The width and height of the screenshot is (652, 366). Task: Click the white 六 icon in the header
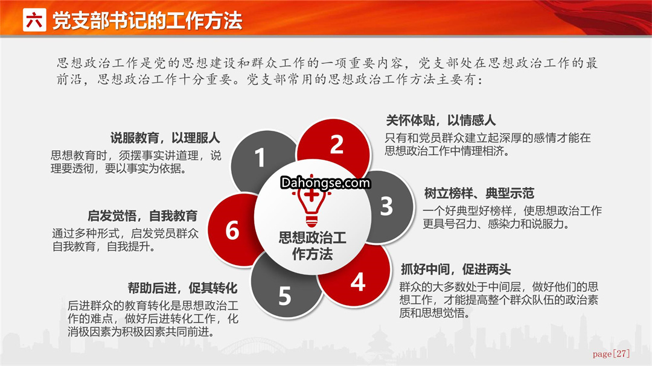[x=34, y=20]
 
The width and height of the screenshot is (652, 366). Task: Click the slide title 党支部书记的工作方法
[x=147, y=21]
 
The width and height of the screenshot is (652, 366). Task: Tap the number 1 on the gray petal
[x=260, y=158]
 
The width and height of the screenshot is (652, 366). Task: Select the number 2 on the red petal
[x=337, y=144]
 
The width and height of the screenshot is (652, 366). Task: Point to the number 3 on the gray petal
[x=386, y=206]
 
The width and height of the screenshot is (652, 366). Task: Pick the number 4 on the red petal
[x=357, y=283]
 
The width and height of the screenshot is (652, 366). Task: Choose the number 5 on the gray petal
[x=285, y=296]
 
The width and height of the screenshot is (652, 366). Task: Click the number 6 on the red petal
[x=232, y=230]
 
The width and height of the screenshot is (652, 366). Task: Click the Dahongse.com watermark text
[x=325, y=182]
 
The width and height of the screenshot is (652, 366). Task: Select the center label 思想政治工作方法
[x=312, y=245]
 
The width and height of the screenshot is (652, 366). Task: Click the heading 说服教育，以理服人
[x=165, y=138]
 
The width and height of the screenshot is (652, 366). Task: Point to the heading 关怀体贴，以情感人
[x=441, y=121]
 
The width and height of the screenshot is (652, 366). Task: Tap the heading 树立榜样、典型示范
[x=479, y=193]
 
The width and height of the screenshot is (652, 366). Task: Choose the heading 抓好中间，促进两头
[x=456, y=269]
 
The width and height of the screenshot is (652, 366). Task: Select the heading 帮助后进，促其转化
[x=182, y=288]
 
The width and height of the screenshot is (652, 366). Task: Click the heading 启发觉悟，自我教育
[x=142, y=216]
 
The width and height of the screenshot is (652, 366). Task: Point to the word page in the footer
[x=602, y=355]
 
